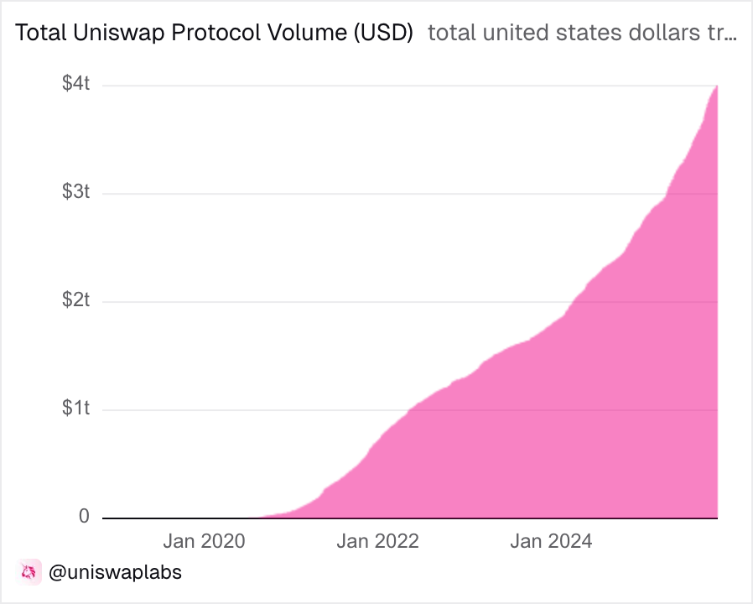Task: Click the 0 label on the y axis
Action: coord(84,517)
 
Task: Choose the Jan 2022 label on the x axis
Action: coord(377,541)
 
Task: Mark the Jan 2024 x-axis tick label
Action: coord(551,541)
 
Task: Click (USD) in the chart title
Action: coord(382,34)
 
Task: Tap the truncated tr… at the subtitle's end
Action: coord(722,34)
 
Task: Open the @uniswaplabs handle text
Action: coord(115,573)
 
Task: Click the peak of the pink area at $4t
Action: coord(715,87)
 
